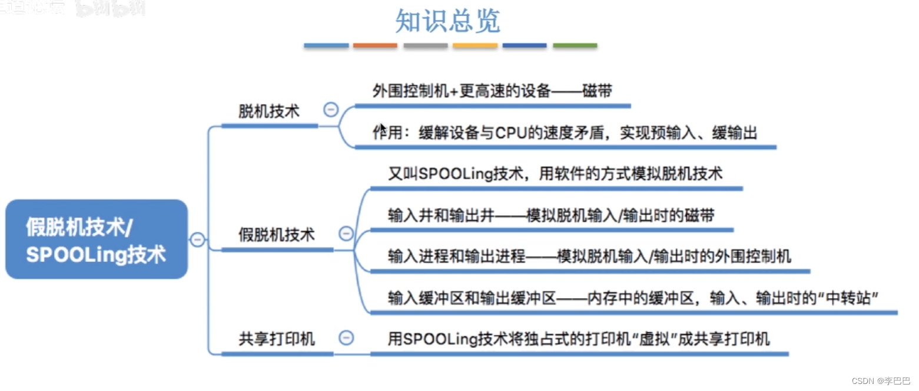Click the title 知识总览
[447, 21]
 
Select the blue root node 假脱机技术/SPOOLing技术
[96, 239]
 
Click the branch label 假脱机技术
[277, 235]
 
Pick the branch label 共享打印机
[277, 339]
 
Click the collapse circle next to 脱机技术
[331, 109]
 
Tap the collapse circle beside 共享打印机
[347, 337]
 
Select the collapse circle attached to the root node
[198, 239]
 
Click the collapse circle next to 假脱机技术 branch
[347, 234]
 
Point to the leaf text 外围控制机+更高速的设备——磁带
[492, 91]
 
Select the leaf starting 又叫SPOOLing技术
[555, 175]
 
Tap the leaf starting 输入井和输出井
[551, 215]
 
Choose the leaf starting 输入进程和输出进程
[589, 256]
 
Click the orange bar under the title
[375, 45]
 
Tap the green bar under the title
[575, 45]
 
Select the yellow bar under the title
[475, 45]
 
